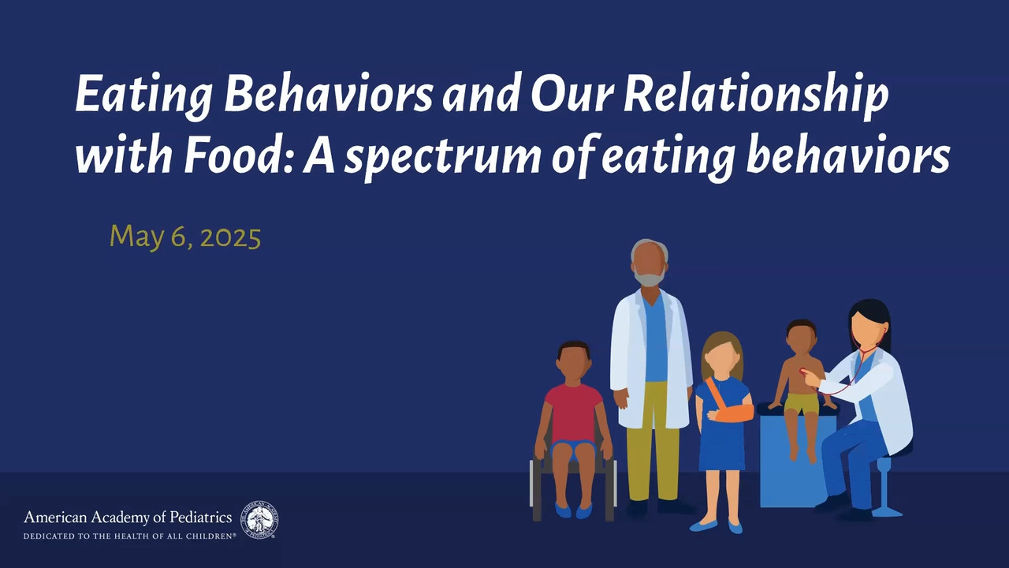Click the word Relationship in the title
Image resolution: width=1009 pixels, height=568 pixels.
[756, 95]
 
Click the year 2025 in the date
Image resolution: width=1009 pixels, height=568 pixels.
[231, 237]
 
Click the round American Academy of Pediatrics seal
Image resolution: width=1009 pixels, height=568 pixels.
[259, 520]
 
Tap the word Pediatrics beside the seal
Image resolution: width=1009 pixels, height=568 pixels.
[200, 517]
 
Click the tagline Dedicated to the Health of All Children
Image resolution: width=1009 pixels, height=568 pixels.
[130, 536]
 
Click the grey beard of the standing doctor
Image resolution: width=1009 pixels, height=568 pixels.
[650, 277]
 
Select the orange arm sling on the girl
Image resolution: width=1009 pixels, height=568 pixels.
[730, 405]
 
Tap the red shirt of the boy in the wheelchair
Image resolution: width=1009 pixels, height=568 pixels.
[573, 413]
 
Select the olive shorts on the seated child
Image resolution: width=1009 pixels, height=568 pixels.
[801, 404]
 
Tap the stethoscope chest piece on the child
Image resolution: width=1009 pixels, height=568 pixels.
[803, 372]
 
